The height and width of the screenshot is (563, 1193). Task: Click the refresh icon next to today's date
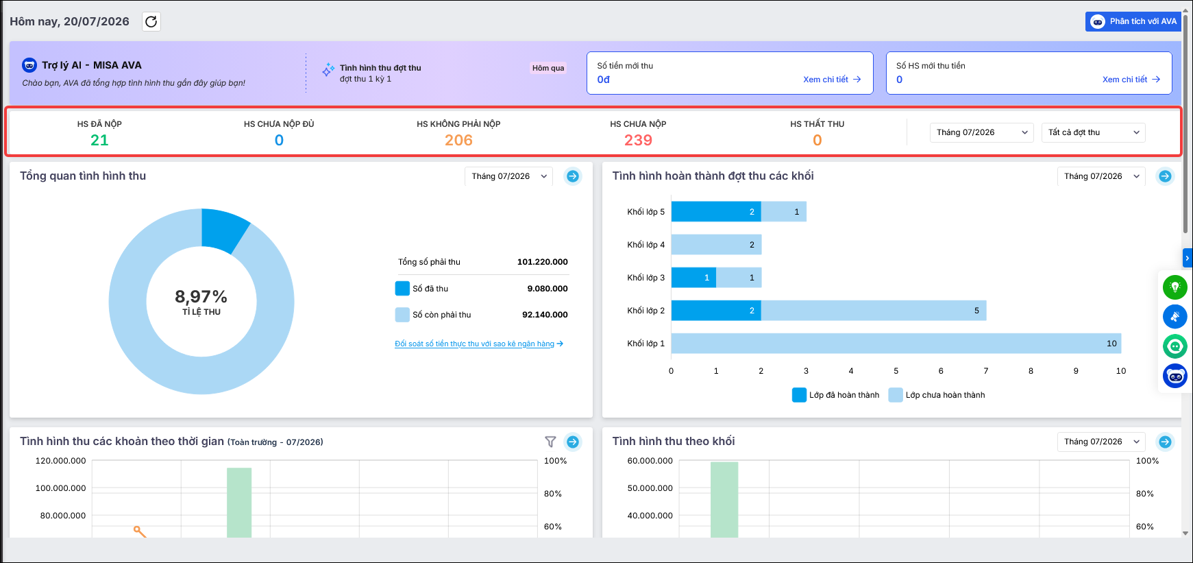[151, 22]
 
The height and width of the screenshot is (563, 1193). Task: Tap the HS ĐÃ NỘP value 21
[99, 141]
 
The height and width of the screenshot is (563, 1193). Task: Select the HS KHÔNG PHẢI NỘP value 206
[458, 141]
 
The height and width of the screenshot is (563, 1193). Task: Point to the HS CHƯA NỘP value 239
[638, 141]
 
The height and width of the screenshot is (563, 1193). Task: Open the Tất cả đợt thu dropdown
[1094, 132]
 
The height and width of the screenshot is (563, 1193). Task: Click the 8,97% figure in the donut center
[201, 297]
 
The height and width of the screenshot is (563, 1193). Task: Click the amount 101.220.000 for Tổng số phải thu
[542, 262]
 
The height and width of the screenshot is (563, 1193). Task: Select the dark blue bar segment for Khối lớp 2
[716, 311]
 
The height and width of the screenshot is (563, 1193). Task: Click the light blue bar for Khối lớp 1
[896, 344]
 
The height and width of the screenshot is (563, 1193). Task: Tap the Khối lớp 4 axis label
[645, 245]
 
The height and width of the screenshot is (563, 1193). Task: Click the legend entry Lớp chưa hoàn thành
[937, 395]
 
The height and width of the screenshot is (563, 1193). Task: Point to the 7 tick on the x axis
[986, 371]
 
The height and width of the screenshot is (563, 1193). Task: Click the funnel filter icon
[550, 442]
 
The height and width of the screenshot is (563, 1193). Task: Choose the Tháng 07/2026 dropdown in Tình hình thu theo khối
[1101, 442]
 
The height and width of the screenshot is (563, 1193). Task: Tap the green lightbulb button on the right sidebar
[1174, 287]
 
